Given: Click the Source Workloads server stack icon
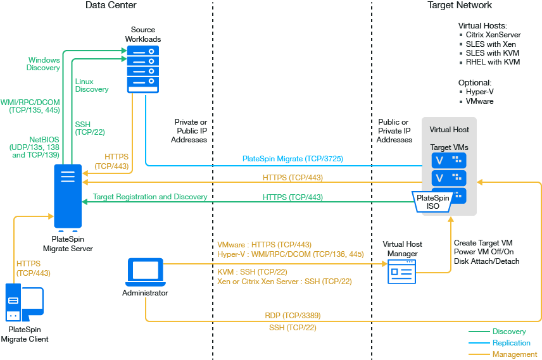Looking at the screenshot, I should [142, 69].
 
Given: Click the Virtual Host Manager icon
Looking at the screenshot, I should [402, 270].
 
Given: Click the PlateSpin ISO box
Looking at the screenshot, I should [433, 201].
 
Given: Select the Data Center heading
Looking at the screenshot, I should [111, 5].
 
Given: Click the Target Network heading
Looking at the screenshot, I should [460, 5].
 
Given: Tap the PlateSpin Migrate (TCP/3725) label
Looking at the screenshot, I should [293, 159].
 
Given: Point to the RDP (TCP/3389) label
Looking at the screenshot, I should [293, 315].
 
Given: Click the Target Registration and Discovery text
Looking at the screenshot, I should [150, 197].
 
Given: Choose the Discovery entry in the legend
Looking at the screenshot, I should [509, 332].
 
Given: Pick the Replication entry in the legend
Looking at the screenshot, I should [512, 343].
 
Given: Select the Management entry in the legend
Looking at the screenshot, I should [514, 354].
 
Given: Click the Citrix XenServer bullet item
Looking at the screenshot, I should [491, 35].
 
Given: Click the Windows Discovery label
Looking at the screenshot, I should [44, 64].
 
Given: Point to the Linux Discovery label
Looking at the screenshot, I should [92, 85].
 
